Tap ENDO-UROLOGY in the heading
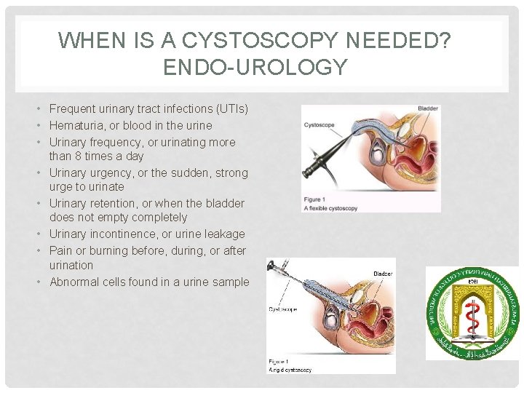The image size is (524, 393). click(x=255, y=68)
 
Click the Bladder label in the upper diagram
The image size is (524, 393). click(x=428, y=109)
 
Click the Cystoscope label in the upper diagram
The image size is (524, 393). click(x=319, y=124)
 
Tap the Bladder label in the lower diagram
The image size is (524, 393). click(x=383, y=274)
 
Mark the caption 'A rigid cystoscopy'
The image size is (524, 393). click(x=290, y=370)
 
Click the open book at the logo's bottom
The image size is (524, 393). click(x=472, y=343)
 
